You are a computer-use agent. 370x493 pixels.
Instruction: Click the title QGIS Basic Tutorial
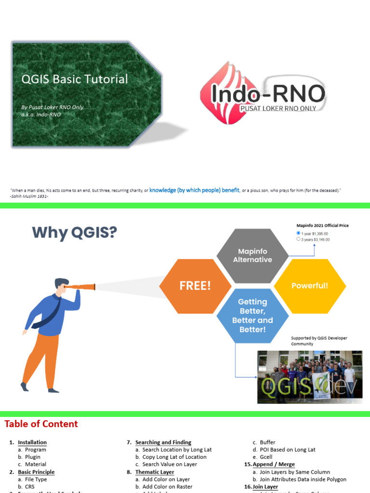(x=75, y=79)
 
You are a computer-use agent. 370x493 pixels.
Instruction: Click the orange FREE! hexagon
(x=195, y=285)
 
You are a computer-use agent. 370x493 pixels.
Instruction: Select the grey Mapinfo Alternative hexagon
(x=252, y=256)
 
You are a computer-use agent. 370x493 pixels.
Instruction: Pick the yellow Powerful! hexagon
(x=310, y=285)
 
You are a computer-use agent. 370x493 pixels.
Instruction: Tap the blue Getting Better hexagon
(x=252, y=315)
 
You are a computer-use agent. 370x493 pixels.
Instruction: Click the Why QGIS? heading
(x=75, y=233)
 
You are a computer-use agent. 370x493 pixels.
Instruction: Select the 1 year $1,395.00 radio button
(x=299, y=233)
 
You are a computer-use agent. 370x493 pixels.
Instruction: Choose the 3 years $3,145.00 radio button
(x=299, y=239)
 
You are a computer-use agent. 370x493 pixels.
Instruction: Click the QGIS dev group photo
(x=309, y=376)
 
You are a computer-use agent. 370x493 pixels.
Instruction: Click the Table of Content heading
(x=41, y=424)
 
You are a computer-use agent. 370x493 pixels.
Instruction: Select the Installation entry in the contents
(x=32, y=442)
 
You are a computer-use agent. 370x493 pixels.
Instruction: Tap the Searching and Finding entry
(x=163, y=442)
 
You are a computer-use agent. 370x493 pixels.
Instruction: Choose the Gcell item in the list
(x=266, y=457)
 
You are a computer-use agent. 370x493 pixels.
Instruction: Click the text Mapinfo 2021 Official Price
(x=322, y=225)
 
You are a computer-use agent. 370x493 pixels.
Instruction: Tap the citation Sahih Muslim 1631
(x=30, y=196)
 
